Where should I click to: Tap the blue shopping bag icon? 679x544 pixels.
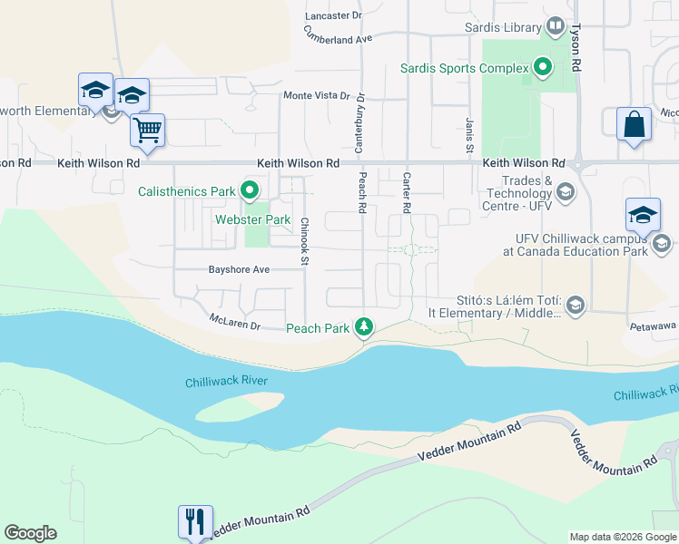point(633,124)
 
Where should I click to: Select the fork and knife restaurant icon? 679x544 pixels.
point(195,521)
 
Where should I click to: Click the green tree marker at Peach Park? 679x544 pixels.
point(364,326)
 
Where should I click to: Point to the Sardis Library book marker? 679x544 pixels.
point(556,27)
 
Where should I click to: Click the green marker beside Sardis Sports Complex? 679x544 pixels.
point(543,67)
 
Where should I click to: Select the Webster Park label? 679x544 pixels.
point(252,219)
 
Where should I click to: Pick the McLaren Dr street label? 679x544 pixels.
point(235,322)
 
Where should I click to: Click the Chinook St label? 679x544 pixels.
point(306,242)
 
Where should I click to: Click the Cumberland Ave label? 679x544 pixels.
point(339,38)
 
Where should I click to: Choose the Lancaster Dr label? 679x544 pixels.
point(333,15)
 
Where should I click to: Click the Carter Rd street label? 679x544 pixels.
point(407,192)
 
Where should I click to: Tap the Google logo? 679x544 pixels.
point(31,533)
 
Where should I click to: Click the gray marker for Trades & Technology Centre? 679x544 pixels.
point(566,190)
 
